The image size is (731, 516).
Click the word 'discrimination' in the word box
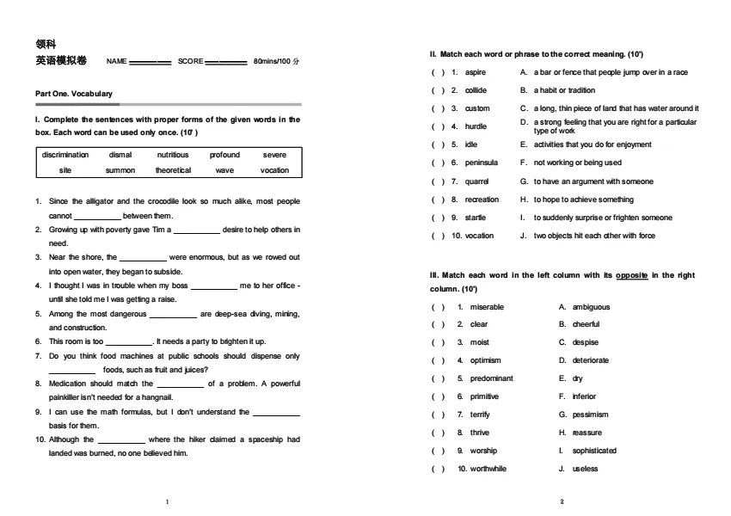[65, 155]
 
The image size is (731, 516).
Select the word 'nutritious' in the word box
[172, 155]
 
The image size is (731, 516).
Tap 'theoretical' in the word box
[173, 170]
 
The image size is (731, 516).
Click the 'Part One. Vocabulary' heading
[74, 93]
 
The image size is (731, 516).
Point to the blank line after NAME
[150, 63]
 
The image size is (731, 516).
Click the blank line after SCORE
[227, 63]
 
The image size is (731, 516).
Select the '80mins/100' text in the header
[272, 62]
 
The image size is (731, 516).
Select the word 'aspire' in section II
[476, 72]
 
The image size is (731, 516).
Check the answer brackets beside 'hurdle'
[438, 126]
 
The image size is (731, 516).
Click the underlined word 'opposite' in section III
[631, 275]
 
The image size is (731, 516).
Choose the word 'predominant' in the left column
[491, 378]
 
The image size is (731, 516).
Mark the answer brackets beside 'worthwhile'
[438, 469]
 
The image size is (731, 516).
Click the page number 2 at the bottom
[562, 501]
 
